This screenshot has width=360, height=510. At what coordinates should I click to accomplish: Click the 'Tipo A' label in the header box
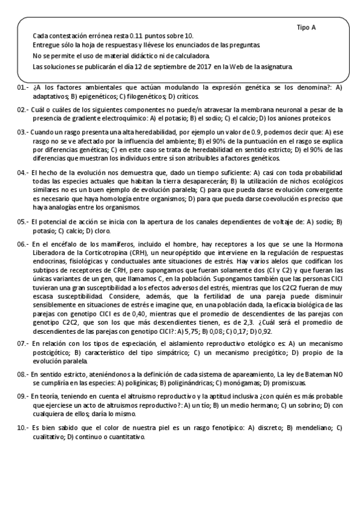[x=306, y=28]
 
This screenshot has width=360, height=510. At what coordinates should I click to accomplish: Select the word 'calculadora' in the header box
[x=174, y=56]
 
